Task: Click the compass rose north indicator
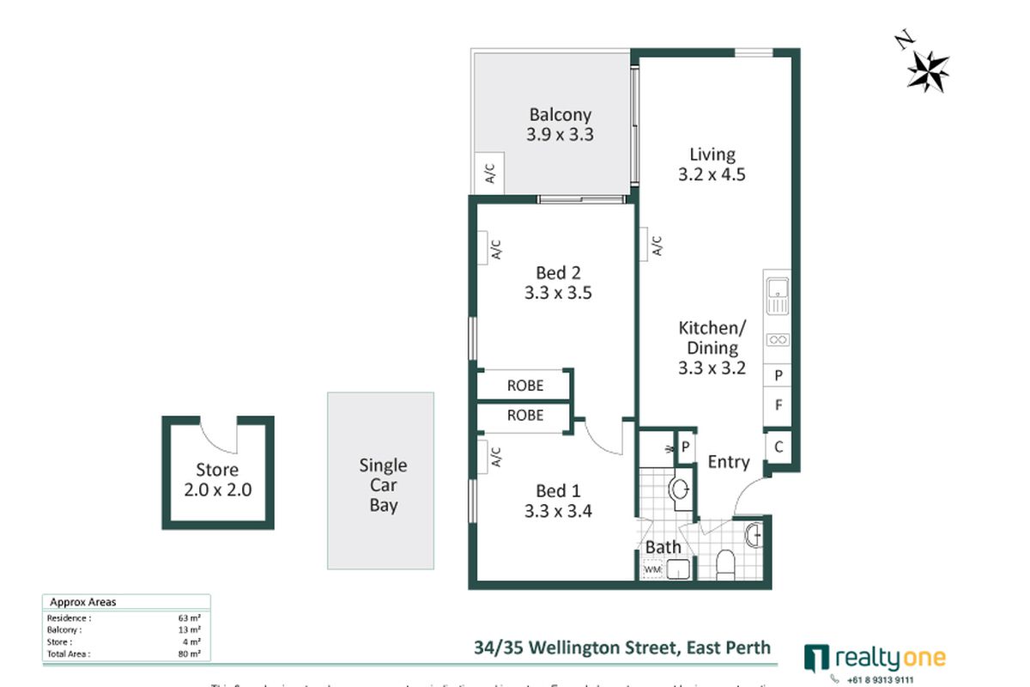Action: [927, 69]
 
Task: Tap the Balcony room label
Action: [560, 114]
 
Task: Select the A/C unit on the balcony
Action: [490, 175]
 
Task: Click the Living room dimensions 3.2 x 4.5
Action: [712, 174]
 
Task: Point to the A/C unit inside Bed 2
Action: [495, 248]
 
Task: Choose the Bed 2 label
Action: [559, 273]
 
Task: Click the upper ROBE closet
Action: [524, 386]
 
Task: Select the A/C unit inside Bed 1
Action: [495, 456]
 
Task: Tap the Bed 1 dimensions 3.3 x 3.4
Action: [559, 512]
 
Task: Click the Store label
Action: [217, 470]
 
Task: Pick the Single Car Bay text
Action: [383, 485]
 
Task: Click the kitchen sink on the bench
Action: [777, 295]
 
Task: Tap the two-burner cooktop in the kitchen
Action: [777, 340]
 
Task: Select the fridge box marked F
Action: [778, 405]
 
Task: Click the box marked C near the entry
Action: [778, 447]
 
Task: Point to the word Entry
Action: [728, 462]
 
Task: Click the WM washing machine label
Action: [652, 568]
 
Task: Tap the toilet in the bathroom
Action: [725, 563]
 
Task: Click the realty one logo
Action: [875, 659]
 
